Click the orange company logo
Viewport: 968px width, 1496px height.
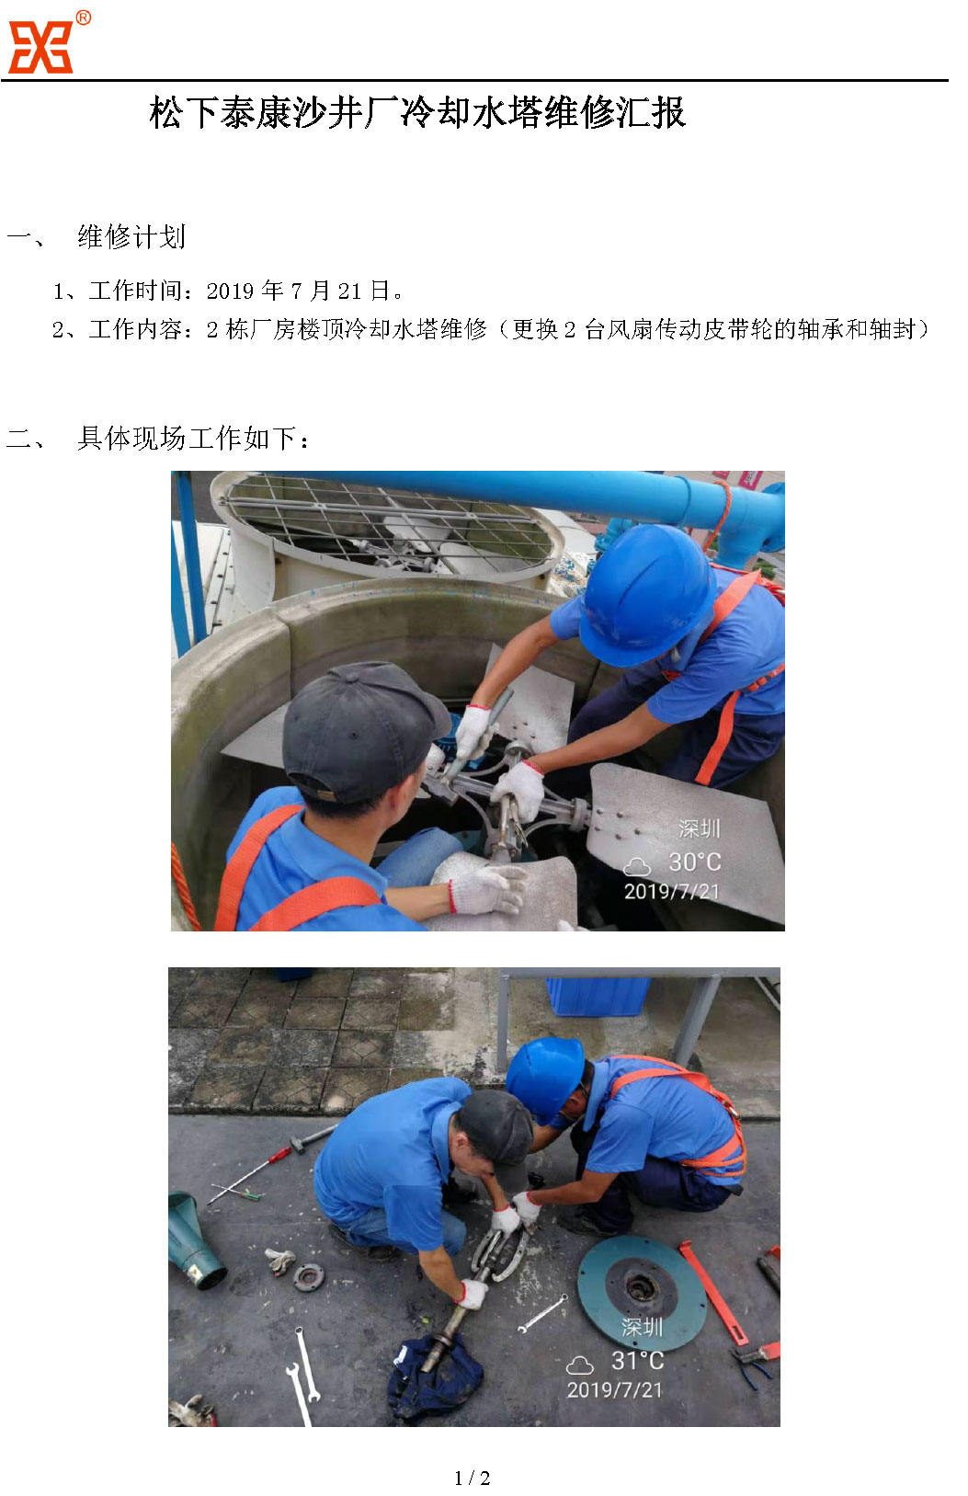[40, 46]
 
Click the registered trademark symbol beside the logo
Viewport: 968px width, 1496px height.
[83, 18]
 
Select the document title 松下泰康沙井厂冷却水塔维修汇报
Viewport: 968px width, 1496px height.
[418, 112]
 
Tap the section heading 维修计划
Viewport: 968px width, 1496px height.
[131, 237]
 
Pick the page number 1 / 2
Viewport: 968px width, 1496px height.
[473, 1478]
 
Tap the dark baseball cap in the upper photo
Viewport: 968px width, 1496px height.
[364, 731]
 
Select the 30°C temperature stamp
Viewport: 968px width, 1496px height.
[694, 862]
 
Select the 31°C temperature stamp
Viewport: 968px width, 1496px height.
[638, 1361]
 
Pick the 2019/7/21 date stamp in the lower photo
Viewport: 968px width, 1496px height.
[614, 1390]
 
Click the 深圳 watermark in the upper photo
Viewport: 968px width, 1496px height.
[699, 828]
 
